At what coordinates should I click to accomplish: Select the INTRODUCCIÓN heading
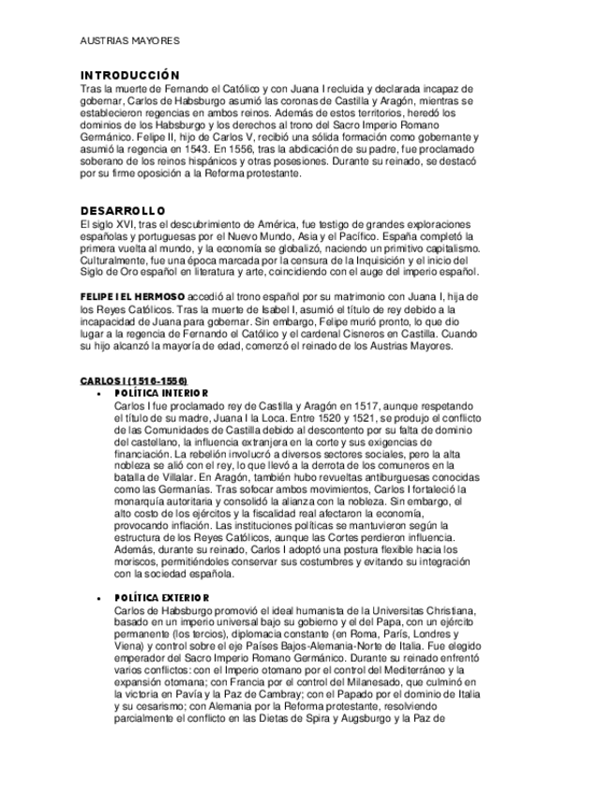pos(128,75)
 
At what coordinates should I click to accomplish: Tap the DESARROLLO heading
pos(122,210)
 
